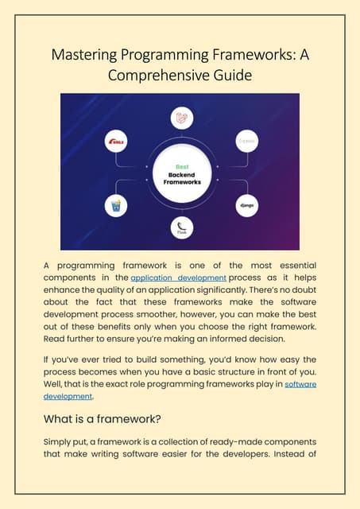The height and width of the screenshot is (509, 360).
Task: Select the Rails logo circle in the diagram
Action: pyautogui.click(x=116, y=142)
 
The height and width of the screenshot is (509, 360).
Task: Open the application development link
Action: pyautogui.click(x=179, y=278)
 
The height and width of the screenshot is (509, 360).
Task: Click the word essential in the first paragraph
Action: pyautogui.click(x=289, y=264)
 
